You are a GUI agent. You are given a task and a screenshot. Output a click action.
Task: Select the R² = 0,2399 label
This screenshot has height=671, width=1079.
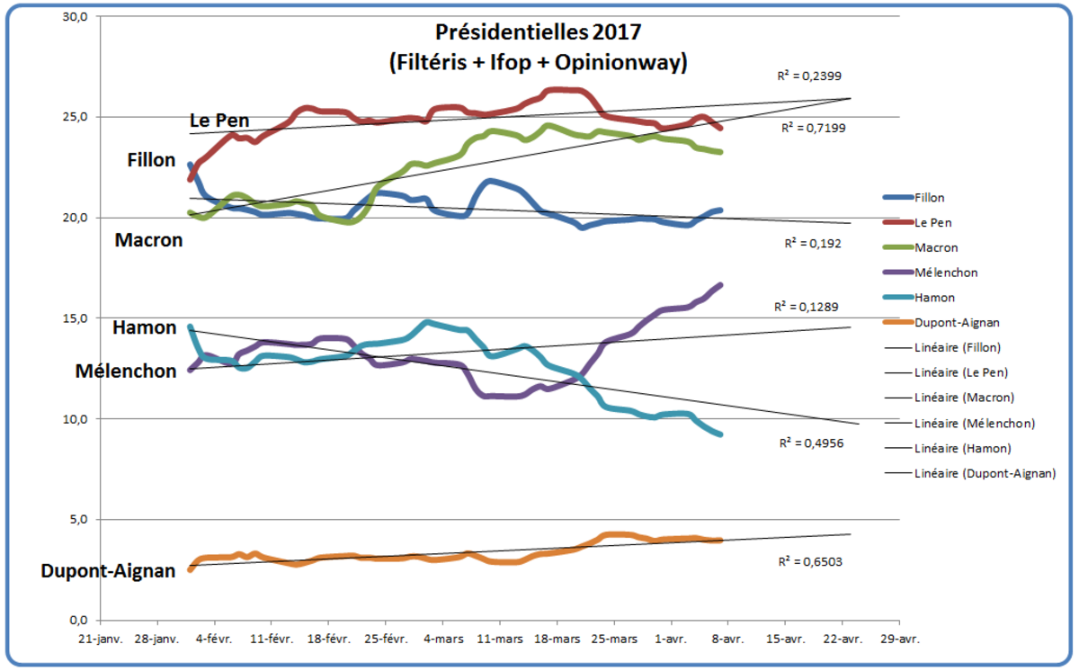point(809,76)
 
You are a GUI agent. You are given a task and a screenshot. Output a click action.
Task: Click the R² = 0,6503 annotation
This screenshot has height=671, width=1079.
point(810,561)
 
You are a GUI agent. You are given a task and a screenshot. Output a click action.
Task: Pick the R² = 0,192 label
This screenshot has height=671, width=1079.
point(813,243)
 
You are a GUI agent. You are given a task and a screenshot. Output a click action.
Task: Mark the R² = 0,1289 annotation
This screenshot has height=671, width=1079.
point(806,308)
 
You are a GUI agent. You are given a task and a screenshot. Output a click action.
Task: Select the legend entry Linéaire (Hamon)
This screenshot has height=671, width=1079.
point(961,448)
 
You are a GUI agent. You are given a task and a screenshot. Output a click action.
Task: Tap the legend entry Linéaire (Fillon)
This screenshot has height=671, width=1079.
point(958,347)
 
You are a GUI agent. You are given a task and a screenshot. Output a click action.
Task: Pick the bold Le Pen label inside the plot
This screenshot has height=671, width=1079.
point(219,121)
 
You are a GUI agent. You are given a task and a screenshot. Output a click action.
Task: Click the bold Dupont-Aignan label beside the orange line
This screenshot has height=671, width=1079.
point(108,571)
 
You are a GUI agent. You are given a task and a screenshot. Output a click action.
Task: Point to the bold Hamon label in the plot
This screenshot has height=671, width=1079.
point(144,328)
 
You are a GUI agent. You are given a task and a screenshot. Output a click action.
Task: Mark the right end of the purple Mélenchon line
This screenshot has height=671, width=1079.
point(720,285)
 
